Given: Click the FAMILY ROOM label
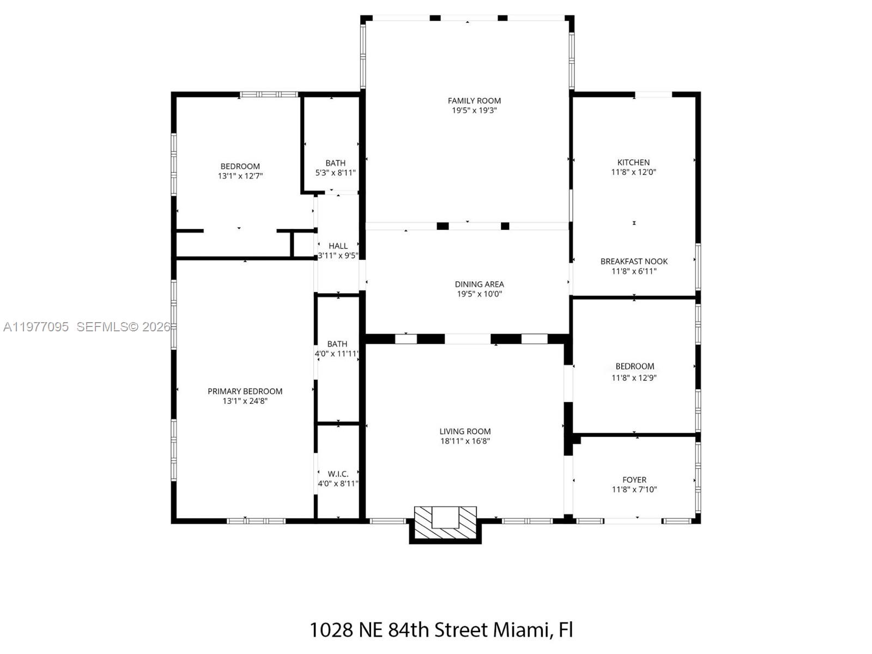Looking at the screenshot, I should [474, 100].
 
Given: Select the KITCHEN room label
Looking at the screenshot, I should [633, 162].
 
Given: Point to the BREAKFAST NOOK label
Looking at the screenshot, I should [634, 261].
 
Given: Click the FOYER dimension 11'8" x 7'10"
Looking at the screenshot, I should [634, 489].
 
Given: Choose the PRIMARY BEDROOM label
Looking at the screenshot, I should [245, 391].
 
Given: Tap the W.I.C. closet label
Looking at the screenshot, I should [338, 474].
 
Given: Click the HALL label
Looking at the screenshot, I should [338, 246].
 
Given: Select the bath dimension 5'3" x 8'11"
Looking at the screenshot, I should [335, 173].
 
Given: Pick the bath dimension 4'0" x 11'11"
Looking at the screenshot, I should [337, 354].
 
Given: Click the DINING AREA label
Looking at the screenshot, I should [479, 284].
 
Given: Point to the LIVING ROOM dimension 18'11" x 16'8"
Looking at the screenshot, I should [465, 441].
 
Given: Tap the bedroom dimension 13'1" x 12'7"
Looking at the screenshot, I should [240, 176].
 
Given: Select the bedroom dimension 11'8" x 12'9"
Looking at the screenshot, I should [634, 377].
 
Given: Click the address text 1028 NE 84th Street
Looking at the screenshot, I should [399, 630].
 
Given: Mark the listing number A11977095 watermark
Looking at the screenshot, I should [36, 327].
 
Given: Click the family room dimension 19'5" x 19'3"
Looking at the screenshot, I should [474, 110].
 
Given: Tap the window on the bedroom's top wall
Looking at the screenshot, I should [269, 94].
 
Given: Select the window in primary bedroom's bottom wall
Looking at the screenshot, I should [256, 521].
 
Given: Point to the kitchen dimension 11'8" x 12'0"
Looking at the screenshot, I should [633, 172].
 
